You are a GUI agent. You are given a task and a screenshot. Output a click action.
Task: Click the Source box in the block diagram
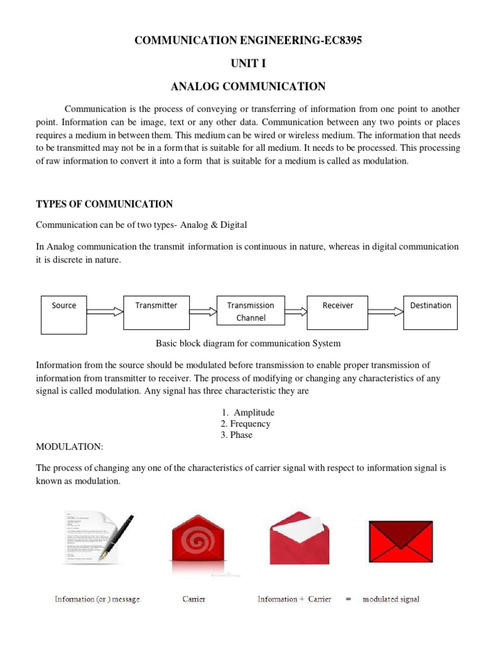(64, 315)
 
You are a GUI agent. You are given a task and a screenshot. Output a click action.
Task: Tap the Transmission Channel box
(250, 312)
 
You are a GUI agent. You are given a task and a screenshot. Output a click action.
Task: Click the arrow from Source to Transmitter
(105, 311)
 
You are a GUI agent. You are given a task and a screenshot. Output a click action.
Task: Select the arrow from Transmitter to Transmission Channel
(203, 311)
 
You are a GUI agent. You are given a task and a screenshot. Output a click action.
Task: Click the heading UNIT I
(244, 63)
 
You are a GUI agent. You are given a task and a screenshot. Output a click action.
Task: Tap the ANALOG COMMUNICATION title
(244, 86)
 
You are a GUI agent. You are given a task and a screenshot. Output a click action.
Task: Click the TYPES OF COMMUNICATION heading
(104, 204)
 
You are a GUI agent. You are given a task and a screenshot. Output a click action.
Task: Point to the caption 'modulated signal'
(391, 600)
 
